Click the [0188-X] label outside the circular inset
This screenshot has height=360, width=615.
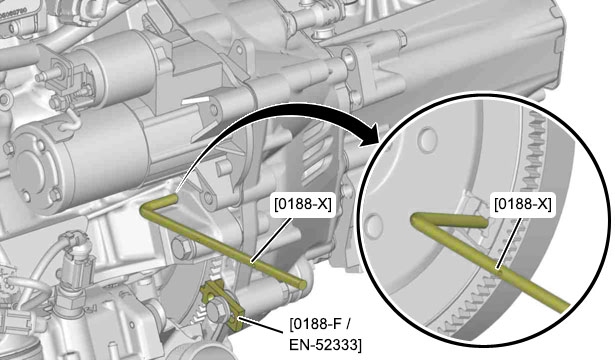[x=302, y=205]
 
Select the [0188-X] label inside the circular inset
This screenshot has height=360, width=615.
[x=522, y=205]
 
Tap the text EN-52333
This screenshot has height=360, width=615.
[x=325, y=344]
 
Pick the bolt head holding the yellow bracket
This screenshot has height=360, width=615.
[x=216, y=309]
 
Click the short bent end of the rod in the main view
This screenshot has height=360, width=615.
[x=160, y=203]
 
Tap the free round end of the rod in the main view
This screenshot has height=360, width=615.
[x=301, y=283]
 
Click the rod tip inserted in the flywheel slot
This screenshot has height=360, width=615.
[x=483, y=222]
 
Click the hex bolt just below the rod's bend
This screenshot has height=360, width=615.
[x=182, y=248]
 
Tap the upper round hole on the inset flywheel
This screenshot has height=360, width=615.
[x=427, y=139]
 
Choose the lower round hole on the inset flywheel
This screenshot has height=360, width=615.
[x=373, y=225]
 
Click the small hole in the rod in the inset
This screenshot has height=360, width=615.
[x=497, y=269]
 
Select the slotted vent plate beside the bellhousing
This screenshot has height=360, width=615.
[x=318, y=161]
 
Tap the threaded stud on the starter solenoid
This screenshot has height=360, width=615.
[x=46, y=75]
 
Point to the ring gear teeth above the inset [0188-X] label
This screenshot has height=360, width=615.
[x=536, y=157]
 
